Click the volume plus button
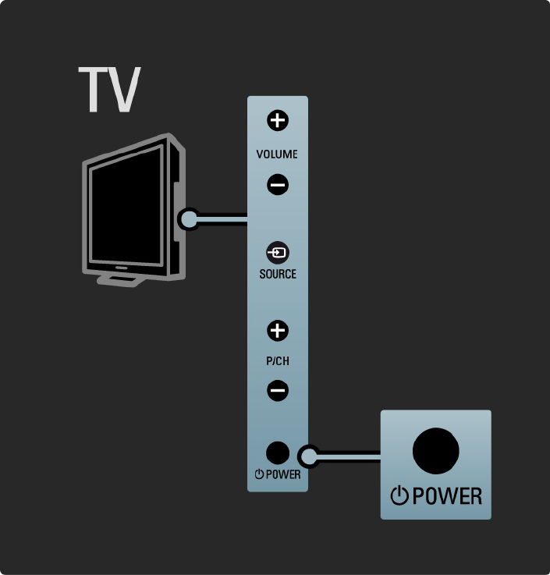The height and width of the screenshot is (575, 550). coord(278,120)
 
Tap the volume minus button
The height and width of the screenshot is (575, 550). coord(278,185)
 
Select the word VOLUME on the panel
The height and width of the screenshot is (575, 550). coord(278,154)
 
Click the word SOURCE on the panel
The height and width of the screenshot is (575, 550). coord(278,275)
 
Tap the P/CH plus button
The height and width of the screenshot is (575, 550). coord(278,331)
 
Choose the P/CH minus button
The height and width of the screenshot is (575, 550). coord(278,390)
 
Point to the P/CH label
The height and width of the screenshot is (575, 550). coord(278,362)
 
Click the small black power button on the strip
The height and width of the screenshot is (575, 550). coord(278,453)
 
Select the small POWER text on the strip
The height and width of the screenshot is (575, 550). coord(282,474)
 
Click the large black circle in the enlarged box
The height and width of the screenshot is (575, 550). coord(435,450)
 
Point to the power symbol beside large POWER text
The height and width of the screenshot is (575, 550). coord(399,495)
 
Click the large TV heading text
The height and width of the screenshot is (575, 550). coord(109,90)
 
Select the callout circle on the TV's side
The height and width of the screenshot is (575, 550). coord(188,218)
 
